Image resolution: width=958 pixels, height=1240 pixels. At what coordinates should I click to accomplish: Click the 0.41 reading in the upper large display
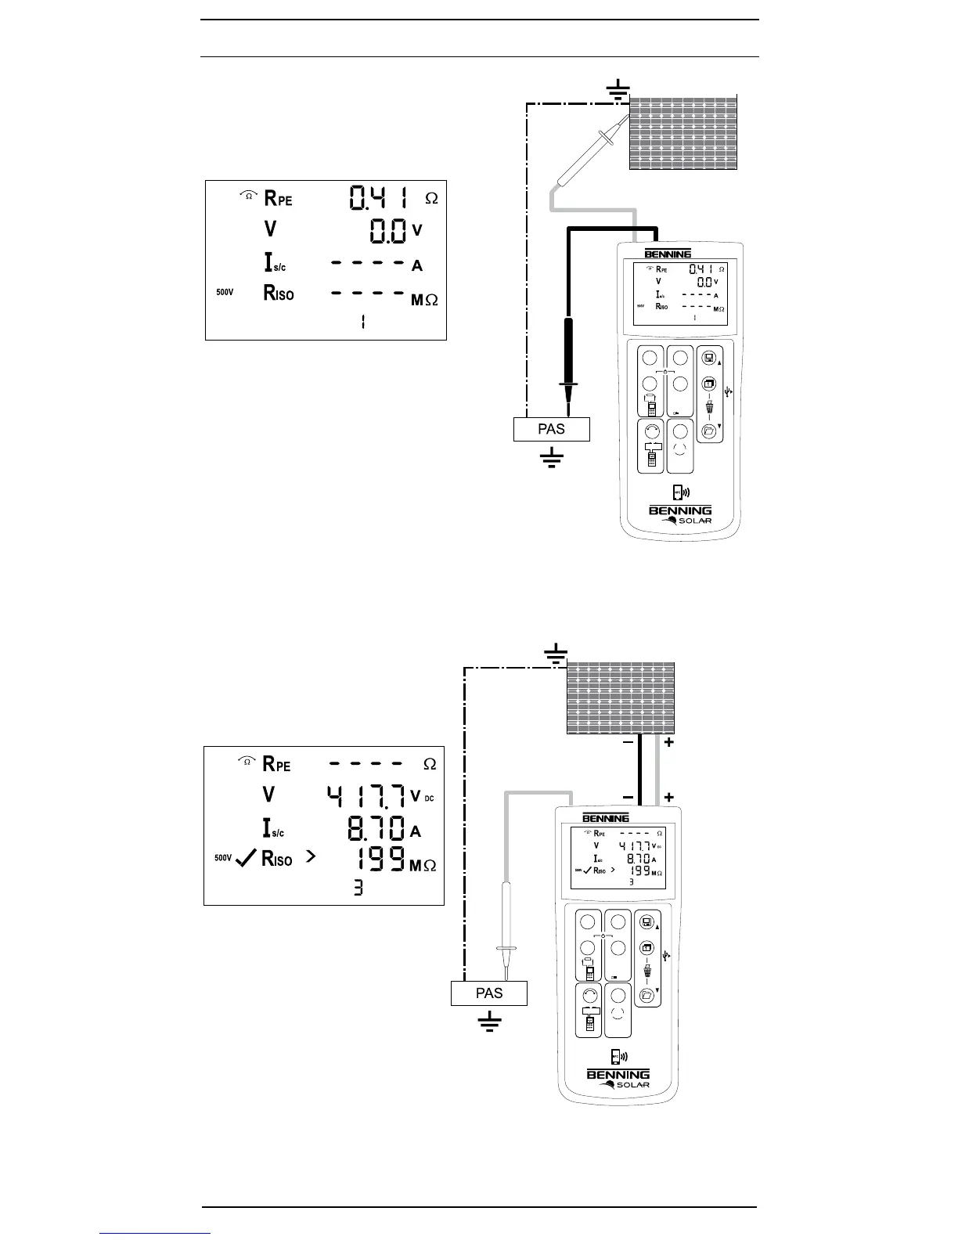pos(379,197)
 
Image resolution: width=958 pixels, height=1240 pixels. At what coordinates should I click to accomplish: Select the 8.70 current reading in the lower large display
pos(376,828)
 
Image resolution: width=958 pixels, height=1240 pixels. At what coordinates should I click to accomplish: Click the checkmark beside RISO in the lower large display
pos(246,859)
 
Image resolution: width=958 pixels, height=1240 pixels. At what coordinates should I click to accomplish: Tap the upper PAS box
pos(551,429)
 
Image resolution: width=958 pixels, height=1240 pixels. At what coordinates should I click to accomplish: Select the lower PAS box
pos(489,993)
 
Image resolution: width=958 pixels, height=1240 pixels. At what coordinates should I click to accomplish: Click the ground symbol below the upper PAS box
pos(552,457)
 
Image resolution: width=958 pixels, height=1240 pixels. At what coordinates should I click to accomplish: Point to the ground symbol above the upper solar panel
pos(619,90)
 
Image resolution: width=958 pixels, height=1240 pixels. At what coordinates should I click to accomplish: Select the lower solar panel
pos(621,697)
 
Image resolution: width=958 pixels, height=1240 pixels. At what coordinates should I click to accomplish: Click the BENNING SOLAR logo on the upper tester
pos(680,515)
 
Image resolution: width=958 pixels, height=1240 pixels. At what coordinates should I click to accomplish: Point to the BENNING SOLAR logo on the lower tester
pos(618,1079)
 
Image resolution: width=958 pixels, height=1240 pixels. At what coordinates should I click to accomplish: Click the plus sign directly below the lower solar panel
pos(669,743)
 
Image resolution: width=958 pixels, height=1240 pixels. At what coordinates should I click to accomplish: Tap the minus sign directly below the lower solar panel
pos(628,743)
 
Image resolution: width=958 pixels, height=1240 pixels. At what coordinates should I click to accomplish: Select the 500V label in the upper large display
pos(225,293)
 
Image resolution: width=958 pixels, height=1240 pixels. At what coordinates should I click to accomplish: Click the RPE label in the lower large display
pos(277,763)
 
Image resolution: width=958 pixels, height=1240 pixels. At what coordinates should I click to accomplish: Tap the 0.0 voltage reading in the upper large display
pos(388,231)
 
